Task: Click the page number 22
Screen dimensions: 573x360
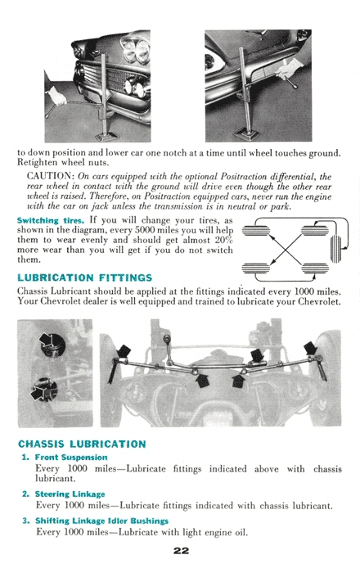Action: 181,550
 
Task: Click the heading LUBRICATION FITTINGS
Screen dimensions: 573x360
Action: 85,278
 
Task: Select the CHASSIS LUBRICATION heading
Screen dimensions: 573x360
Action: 82,444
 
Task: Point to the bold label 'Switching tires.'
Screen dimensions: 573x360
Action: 51,221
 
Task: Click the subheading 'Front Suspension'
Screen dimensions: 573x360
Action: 71,457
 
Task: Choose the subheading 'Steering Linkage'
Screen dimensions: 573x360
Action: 70,494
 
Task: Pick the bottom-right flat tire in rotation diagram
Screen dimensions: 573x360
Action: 314,268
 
